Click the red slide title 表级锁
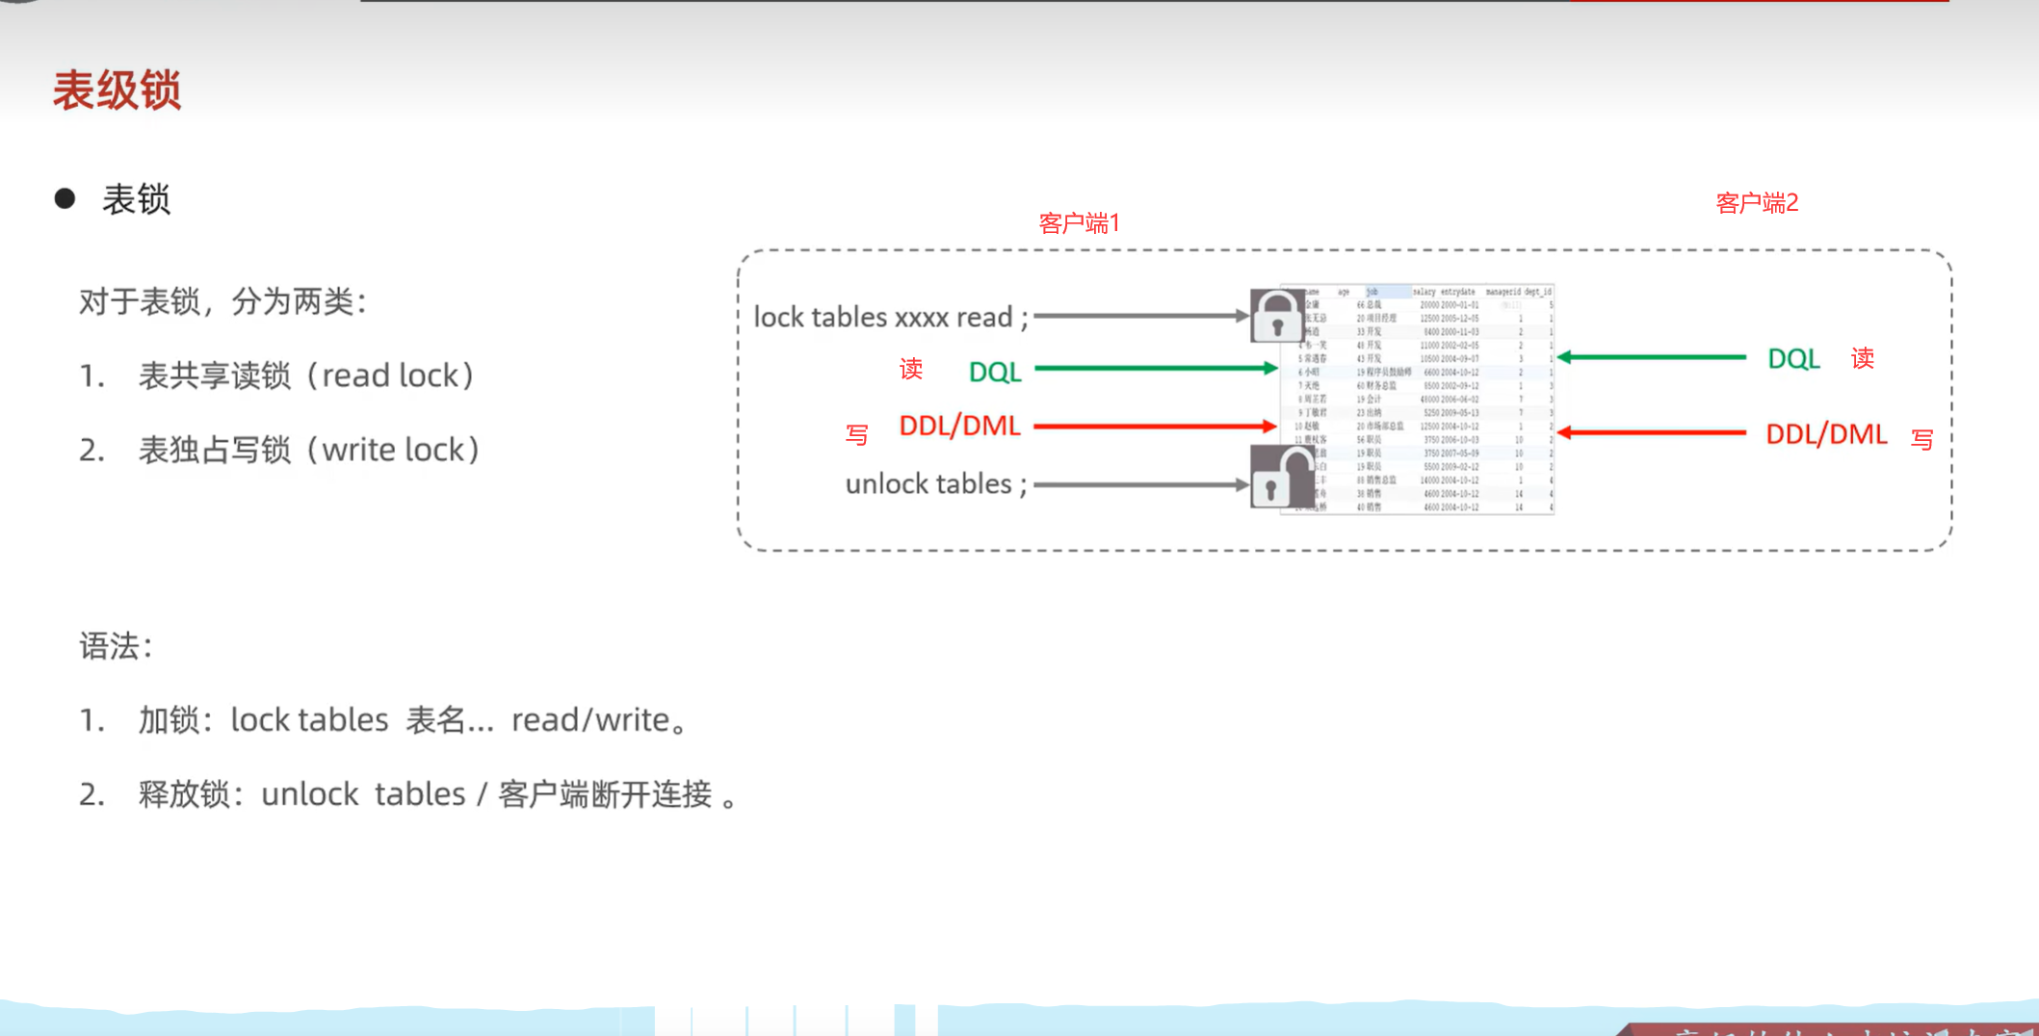point(117,91)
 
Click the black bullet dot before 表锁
point(65,198)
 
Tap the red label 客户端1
point(1079,223)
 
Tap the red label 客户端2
point(1757,203)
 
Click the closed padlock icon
point(1276,315)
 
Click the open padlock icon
point(1278,478)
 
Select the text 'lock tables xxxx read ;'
point(890,317)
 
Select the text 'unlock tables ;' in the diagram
point(935,483)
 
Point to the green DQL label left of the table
point(995,372)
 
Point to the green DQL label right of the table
point(1793,359)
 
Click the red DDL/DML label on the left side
point(959,426)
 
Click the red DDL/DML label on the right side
point(1825,434)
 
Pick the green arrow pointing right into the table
point(1155,368)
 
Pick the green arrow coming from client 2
point(1652,357)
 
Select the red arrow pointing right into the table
point(1155,426)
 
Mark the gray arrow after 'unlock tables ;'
point(1140,484)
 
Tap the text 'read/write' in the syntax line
point(590,720)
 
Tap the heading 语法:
point(116,646)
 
